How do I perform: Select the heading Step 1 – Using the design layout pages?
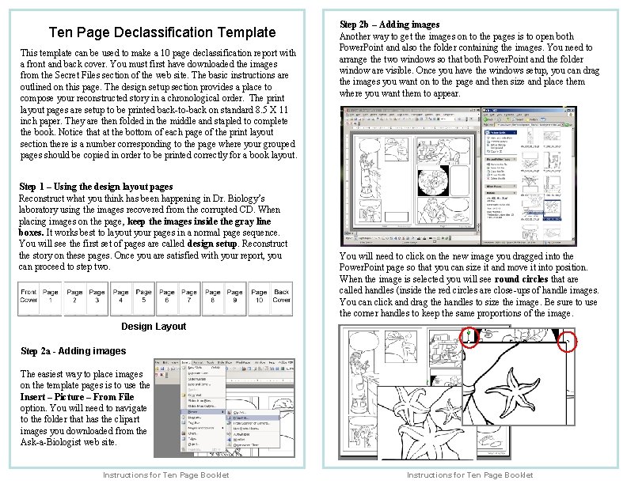point(95,187)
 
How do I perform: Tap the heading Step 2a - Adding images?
point(73,351)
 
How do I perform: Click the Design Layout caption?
point(154,327)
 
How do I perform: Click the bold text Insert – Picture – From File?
point(77,397)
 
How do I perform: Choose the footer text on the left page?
point(166,475)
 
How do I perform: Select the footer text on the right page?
point(469,475)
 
